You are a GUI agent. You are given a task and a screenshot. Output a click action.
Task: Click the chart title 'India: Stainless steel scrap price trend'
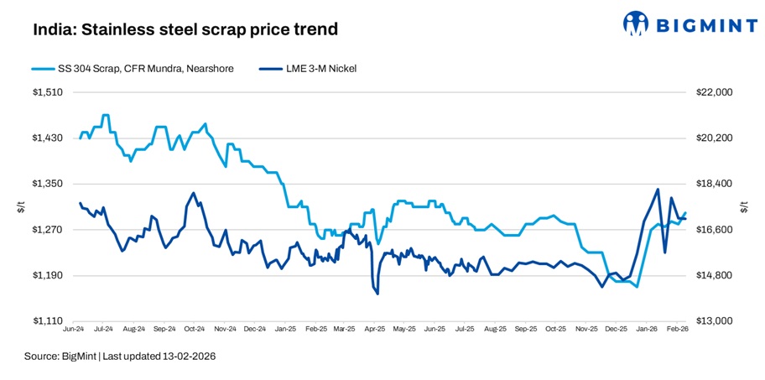[x=185, y=29]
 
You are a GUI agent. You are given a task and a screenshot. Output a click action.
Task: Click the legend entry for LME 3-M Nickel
[x=311, y=69]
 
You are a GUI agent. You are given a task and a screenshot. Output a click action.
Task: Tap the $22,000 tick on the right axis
[x=715, y=92]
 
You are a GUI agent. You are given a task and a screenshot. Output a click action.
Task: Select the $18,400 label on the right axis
[x=715, y=184]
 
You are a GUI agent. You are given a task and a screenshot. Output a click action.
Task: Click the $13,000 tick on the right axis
[x=715, y=321]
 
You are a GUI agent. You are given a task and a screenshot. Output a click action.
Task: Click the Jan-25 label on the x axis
[x=286, y=331]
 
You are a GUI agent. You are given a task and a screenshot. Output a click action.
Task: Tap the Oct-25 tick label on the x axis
[x=556, y=331]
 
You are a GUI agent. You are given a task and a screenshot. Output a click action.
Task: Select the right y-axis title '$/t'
[x=743, y=206]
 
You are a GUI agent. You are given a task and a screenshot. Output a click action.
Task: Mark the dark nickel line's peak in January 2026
[x=657, y=190]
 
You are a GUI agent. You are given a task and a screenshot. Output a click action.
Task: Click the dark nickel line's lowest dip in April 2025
[x=377, y=294]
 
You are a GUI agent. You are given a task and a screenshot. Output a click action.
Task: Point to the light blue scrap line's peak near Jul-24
[x=105, y=115]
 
